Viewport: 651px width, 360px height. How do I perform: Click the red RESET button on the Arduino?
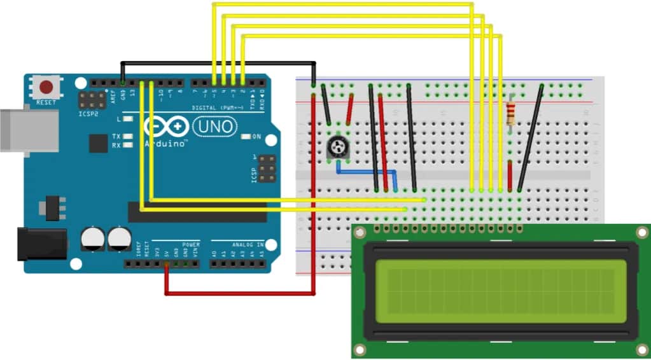coord(46,88)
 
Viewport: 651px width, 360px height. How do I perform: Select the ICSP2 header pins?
coord(93,100)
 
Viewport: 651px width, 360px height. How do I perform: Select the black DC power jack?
coord(41,245)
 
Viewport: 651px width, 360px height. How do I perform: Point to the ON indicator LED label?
coord(256,137)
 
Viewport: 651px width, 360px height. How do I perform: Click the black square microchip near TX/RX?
coord(98,143)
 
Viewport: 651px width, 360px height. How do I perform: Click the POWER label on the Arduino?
coord(191,244)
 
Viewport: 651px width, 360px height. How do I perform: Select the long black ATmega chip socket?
coord(197,212)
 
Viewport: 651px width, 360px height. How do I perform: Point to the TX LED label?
coord(116,136)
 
